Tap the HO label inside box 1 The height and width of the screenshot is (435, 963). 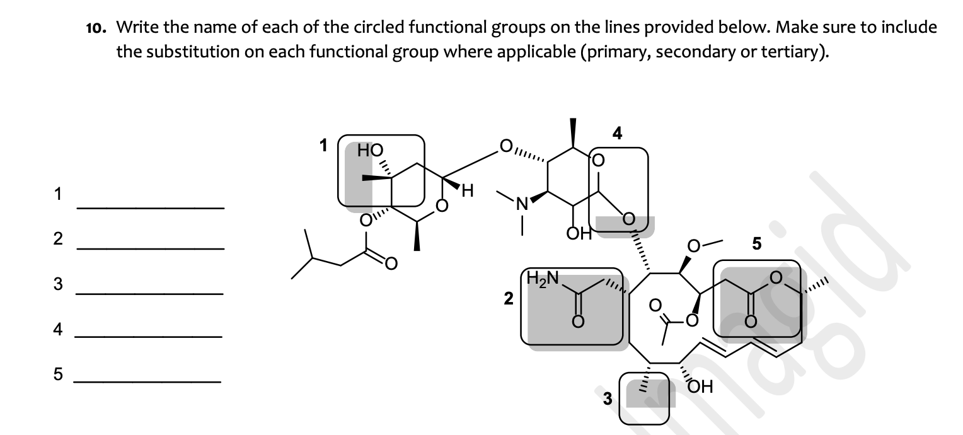click(x=370, y=150)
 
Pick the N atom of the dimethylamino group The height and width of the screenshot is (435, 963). click(x=521, y=204)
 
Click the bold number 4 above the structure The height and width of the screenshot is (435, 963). click(x=617, y=133)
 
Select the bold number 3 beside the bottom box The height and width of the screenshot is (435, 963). click(x=608, y=398)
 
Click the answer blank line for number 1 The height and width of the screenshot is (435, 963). click(x=150, y=207)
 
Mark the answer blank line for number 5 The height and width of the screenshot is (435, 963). click(x=147, y=381)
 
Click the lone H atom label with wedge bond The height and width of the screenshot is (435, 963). click(x=467, y=190)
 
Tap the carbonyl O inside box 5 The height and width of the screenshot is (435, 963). click(x=750, y=322)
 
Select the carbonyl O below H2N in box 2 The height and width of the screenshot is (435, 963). click(x=576, y=322)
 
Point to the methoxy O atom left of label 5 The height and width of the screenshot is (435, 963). click(x=693, y=245)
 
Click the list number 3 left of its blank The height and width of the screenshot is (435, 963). click(x=58, y=284)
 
